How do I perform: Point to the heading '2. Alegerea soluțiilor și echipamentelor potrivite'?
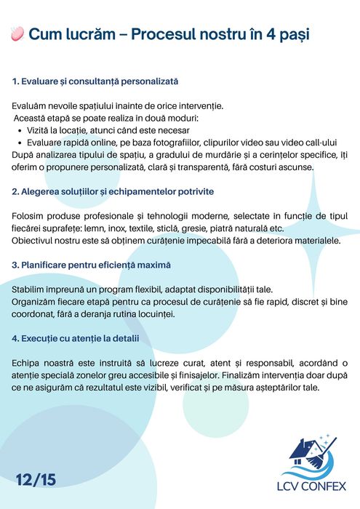113,191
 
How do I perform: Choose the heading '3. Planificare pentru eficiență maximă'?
92,265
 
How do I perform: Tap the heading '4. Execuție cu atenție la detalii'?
76,338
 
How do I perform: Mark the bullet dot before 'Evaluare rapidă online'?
18,143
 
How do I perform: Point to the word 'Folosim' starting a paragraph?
31,217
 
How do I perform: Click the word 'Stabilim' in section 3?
32,290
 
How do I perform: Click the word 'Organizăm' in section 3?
36,302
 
